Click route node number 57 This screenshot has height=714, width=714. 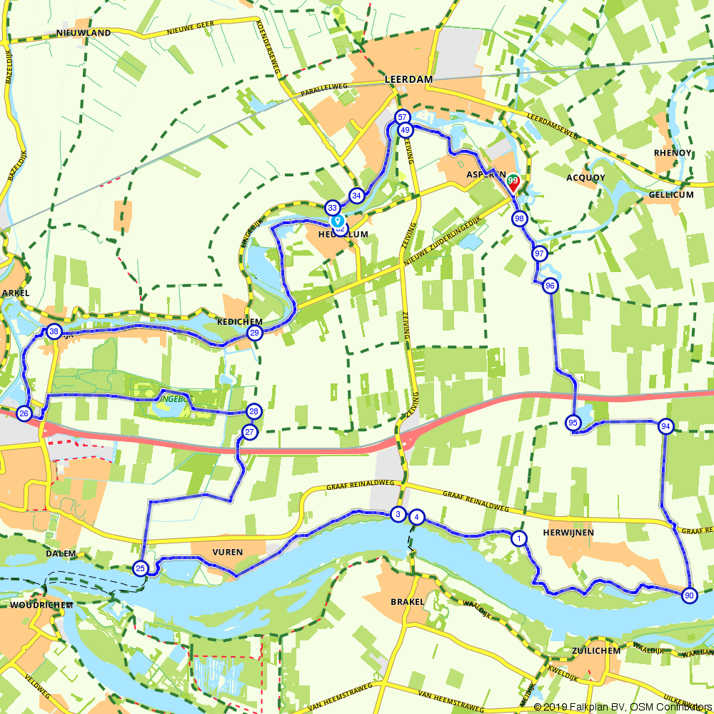[403, 117]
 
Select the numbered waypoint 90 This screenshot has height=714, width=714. [689, 595]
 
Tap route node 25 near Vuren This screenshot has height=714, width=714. [141, 568]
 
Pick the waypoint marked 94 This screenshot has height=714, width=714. [666, 426]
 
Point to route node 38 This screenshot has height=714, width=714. [54, 331]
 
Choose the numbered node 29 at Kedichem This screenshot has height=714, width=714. [254, 333]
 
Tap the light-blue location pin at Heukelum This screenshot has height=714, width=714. [336, 222]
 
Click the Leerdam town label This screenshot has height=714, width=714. [408, 80]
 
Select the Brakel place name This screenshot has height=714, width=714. [408, 601]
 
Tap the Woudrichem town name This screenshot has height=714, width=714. [41, 605]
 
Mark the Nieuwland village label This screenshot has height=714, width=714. [84, 33]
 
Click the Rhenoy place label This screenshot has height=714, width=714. [673, 152]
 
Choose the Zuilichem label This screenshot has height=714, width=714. [596, 650]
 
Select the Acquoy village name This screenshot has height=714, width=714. [585, 178]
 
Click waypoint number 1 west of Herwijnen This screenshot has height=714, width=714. [519, 538]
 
